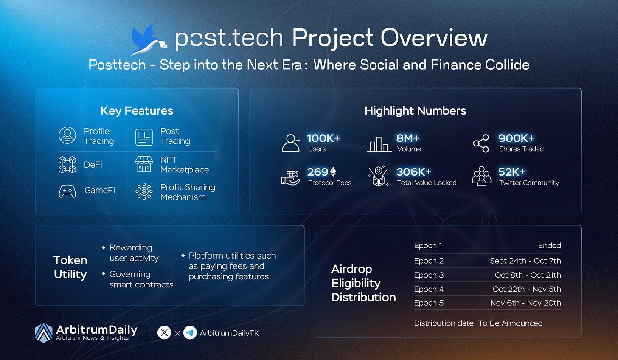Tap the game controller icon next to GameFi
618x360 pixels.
[x=67, y=191]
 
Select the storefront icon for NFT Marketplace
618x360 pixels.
[x=144, y=164]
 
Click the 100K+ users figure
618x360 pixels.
[x=323, y=138]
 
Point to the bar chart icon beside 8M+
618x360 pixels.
[x=379, y=144]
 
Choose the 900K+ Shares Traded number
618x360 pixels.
[x=516, y=138]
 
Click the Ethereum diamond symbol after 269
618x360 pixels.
[x=333, y=172]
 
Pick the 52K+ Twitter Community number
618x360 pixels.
[x=512, y=172]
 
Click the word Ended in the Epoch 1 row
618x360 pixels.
[x=549, y=245]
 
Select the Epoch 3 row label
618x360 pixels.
[x=429, y=275]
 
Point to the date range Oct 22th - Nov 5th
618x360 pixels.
[x=527, y=289]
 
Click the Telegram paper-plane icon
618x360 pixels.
[x=190, y=333]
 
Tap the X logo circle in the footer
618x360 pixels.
[x=164, y=333]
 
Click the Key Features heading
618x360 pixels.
[x=137, y=111]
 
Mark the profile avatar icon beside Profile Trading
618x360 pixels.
[x=67, y=135]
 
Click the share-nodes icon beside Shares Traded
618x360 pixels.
[x=481, y=143]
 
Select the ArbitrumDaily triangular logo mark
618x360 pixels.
[x=44, y=333]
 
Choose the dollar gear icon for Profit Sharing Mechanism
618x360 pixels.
[x=144, y=191]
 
